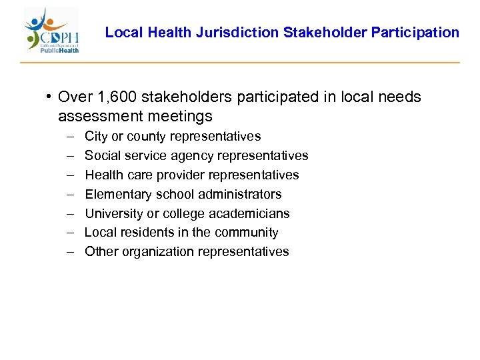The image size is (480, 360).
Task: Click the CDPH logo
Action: click(x=51, y=31)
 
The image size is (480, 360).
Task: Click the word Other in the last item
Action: click(x=101, y=252)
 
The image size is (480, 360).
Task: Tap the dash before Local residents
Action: click(x=70, y=233)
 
